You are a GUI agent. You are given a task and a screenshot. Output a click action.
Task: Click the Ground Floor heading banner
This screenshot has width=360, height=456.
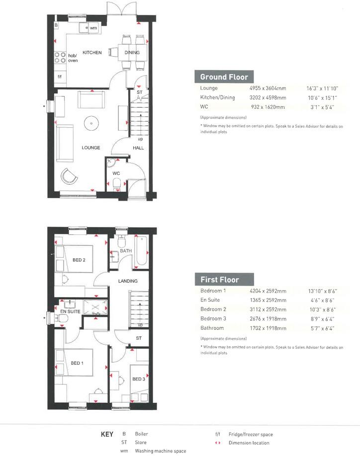224,76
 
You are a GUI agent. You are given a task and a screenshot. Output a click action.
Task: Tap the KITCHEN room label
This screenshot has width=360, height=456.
92,53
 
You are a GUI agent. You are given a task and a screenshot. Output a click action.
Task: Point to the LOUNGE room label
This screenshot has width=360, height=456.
91,148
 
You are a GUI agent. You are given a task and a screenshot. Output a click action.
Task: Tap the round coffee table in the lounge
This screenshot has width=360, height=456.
91,122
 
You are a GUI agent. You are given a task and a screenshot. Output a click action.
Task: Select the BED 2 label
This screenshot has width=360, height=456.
79,260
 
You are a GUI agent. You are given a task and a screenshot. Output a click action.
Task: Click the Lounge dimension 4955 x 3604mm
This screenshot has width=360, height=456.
268,88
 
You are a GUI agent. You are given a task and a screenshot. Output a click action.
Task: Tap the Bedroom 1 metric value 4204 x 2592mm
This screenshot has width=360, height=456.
268,291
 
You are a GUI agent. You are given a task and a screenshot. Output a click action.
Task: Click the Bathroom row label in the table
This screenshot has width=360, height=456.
212,328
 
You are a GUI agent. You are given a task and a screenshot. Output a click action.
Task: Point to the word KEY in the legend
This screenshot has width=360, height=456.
107,434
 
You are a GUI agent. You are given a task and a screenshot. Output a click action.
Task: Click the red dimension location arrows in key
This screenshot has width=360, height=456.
217,443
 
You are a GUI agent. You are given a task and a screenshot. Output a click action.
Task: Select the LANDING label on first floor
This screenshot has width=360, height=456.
127,281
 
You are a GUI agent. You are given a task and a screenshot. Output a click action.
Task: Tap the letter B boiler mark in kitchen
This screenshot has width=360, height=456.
56,25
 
